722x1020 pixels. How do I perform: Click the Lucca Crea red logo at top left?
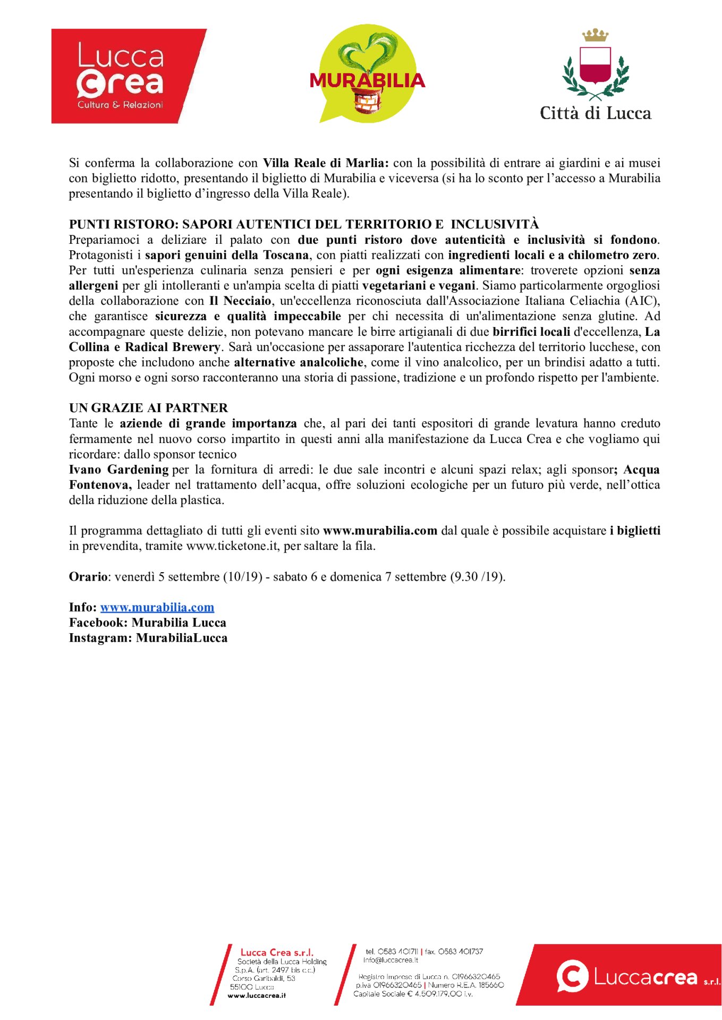tap(128, 76)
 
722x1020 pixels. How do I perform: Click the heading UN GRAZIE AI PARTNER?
tap(148, 408)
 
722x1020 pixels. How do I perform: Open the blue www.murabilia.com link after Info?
tap(157, 607)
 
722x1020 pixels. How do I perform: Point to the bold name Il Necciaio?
tap(240, 301)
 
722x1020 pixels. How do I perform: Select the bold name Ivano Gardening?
tap(118, 470)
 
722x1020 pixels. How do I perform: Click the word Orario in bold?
tap(88, 577)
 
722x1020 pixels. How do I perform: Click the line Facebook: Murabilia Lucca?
tap(147, 623)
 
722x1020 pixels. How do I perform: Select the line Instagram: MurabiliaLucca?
tap(148, 638)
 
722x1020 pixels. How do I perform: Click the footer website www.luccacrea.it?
tap(257, 996)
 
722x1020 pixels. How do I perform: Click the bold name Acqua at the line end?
tap(641, 470)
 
